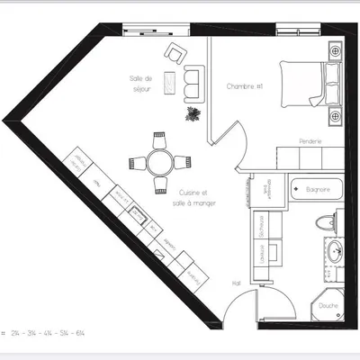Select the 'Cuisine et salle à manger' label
194,198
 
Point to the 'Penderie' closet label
310,142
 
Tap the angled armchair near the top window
175,50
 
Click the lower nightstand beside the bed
334,116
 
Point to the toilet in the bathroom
321,223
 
